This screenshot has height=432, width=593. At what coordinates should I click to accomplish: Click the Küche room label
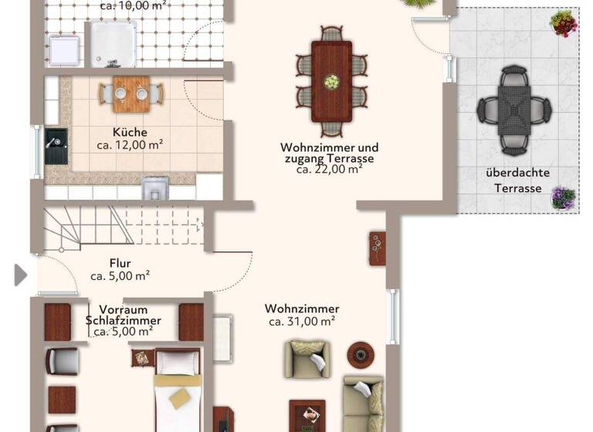pyautogui.click(x=129, y=132)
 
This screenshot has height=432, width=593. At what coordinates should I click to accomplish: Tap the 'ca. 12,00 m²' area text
pyautogui.click(x=129, y=144)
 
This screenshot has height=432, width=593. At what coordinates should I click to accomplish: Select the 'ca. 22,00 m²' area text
pyautogui.click(x=330, y=170)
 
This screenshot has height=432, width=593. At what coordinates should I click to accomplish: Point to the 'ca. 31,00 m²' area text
pyautogui.click(x=301, y=321)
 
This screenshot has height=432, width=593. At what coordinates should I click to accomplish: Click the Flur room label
pyautogui.click(x=120, y=263)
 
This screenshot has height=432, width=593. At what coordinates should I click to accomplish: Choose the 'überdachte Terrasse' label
pyautogui.click(x=517, y=180)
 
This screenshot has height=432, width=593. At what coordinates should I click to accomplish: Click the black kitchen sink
pyautogui.click(x=56, y=146)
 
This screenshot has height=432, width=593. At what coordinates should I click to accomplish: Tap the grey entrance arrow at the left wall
pyautogui.click(x=20, y=274)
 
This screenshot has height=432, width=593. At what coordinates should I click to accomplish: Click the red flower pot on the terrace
pyautogui.click(x=564, y=24)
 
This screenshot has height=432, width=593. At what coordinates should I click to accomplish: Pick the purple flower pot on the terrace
pyautogui.click(x=563, y=197)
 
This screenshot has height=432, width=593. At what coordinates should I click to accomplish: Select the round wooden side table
pyautogui.click(x=359, y=354)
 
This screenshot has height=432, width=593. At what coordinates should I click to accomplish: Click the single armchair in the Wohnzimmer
pyautogui.click(x=307, y=359)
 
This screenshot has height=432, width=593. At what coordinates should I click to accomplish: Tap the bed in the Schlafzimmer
pyautogui.click(x=178, y=390)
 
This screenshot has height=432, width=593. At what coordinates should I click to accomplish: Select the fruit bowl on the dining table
pyautogui.click(x=331, y=82)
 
